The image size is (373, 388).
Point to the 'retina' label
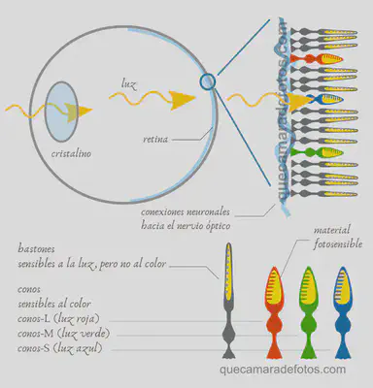click(x=154, y=139)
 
